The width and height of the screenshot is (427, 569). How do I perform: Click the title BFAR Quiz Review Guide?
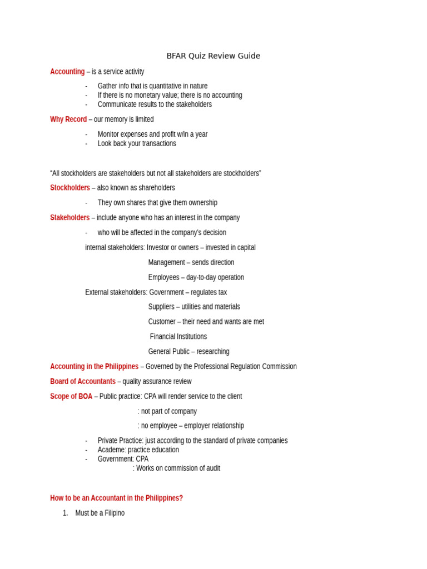coord(213,56)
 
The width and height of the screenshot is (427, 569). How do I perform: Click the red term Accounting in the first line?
coord(67,72)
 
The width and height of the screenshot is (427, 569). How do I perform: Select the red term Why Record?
coord(68,119)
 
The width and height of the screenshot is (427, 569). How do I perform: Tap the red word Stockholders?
coord(70,188)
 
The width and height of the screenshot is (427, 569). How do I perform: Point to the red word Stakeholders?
coord(69,218)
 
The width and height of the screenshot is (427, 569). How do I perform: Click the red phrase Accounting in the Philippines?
coord(94,367)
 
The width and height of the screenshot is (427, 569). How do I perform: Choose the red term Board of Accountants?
coord(83,382)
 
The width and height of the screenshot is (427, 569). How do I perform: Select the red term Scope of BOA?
coord(71,397)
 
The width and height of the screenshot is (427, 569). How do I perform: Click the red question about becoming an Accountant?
coord(116,498)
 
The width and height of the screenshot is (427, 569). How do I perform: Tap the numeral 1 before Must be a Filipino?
coord(65,513)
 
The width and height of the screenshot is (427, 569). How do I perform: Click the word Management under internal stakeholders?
coord(166,262)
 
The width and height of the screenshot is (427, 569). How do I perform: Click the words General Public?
coord(168,352)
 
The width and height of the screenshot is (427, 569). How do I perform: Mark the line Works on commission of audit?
coord(178,468)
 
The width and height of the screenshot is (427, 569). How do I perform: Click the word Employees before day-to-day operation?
coord(163,277)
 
